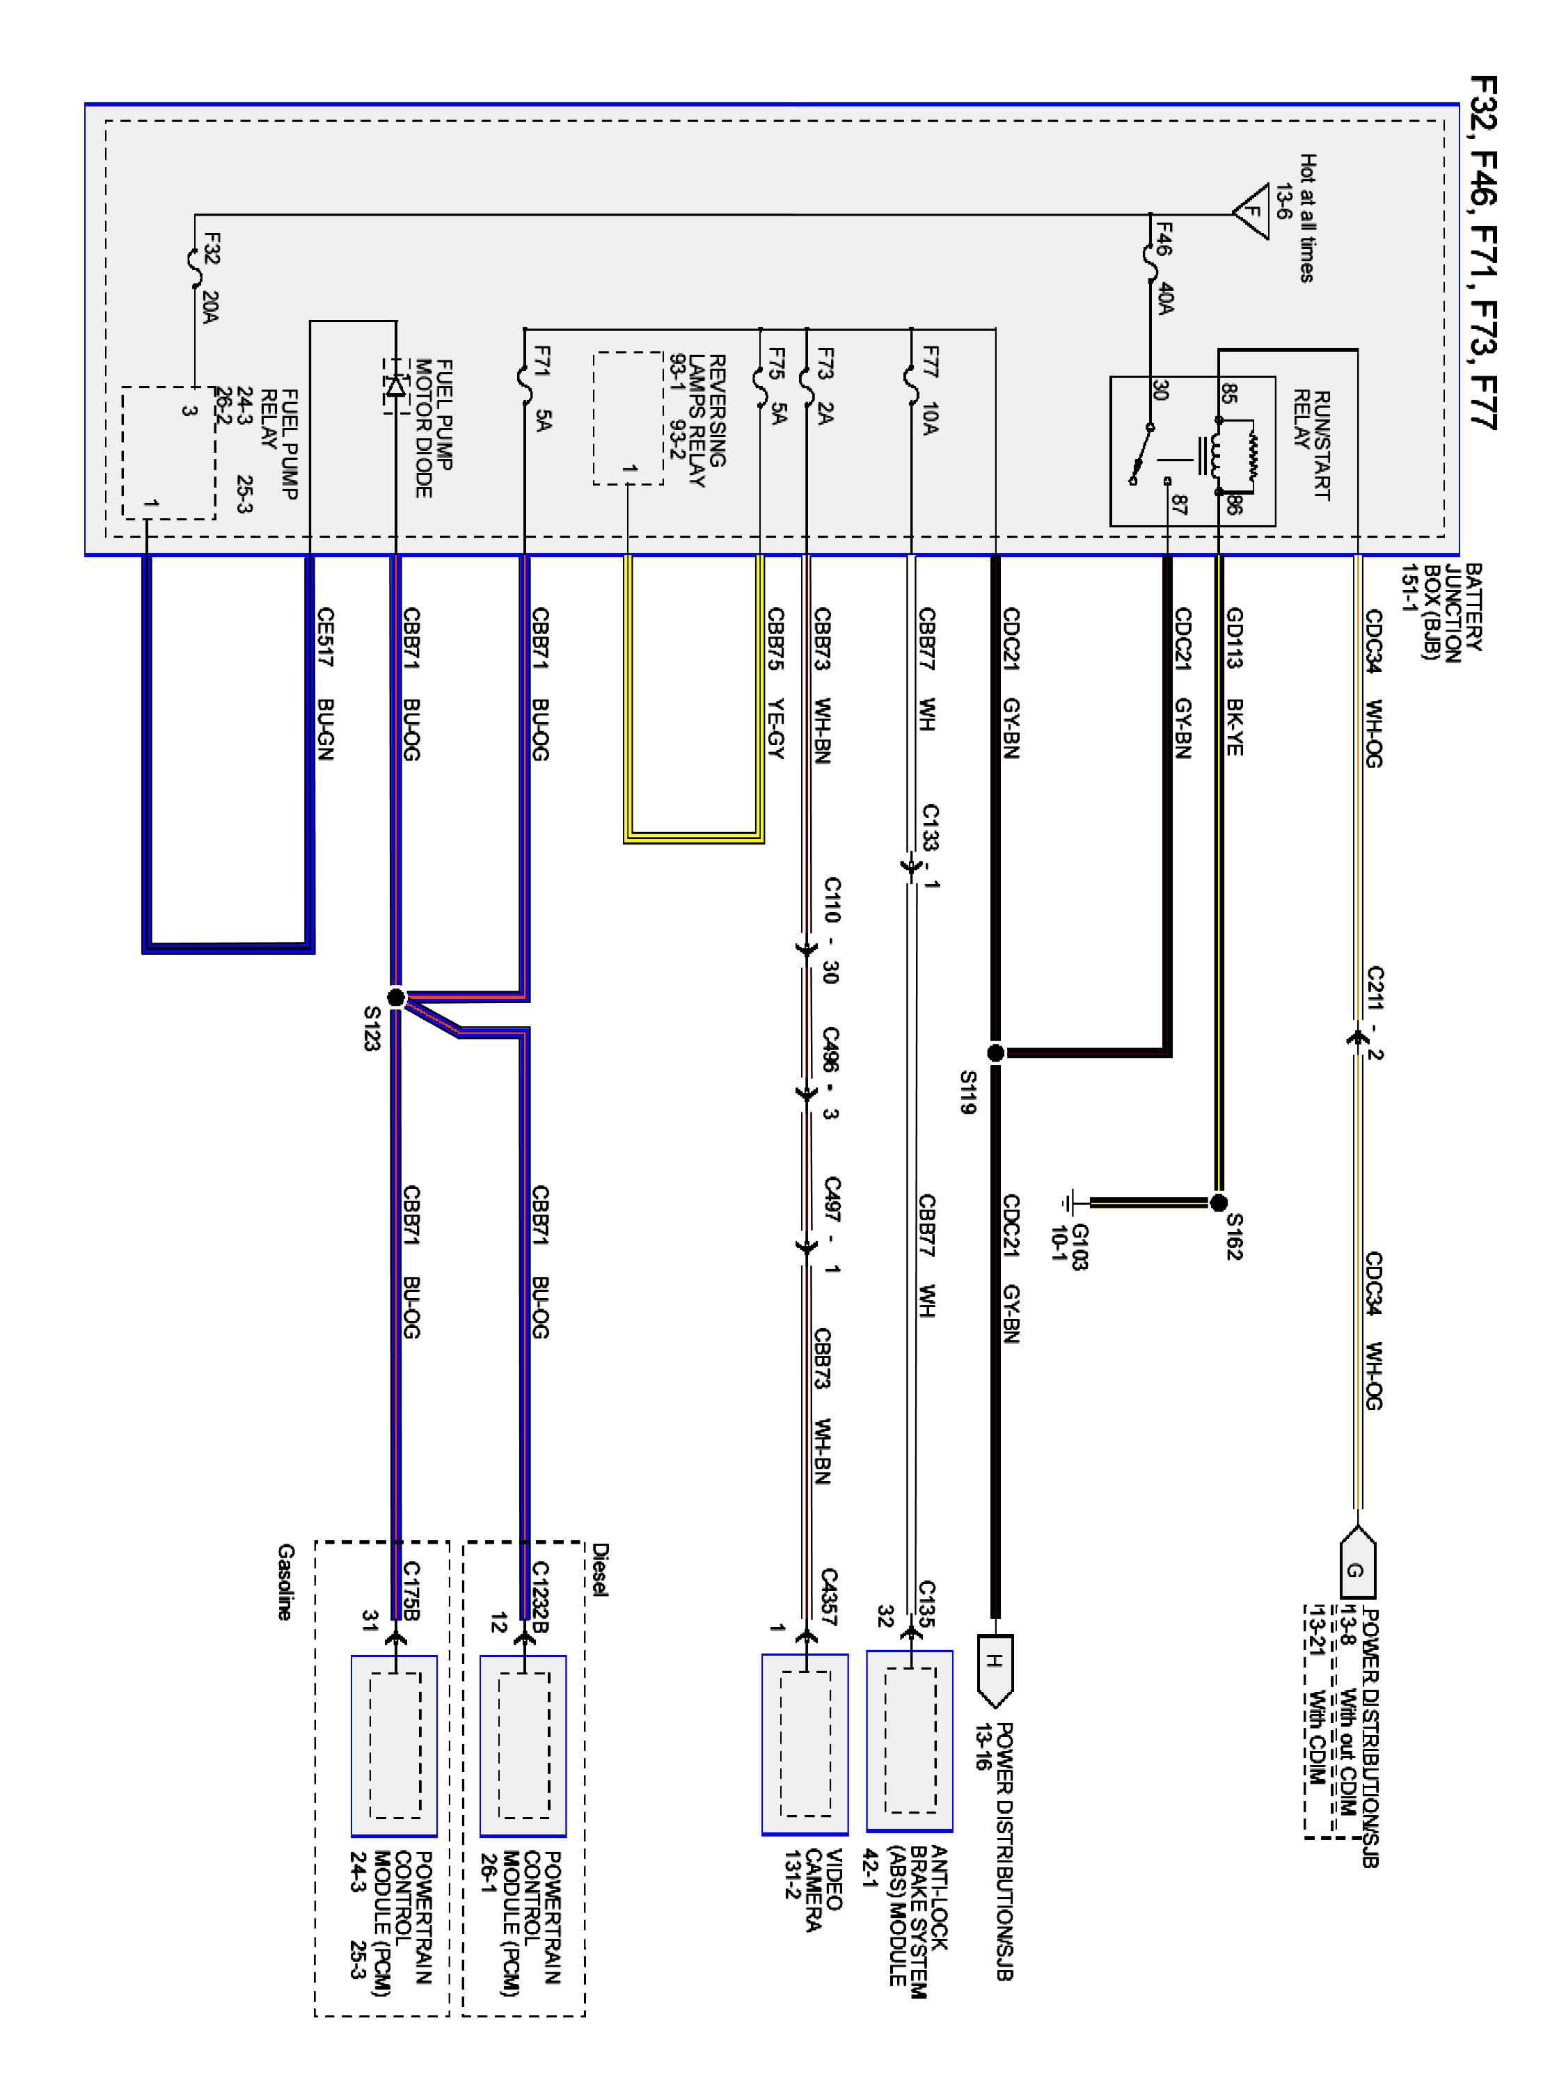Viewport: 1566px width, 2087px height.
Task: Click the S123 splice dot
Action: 395,998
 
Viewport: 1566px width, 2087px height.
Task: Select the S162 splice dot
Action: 1218,1203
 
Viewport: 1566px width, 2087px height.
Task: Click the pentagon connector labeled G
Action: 1357,1571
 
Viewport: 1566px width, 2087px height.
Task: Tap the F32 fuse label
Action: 212,249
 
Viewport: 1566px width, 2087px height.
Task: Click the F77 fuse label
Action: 930,361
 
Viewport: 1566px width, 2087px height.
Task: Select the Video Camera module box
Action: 805,1745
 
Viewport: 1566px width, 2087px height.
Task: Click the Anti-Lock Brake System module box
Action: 910,1741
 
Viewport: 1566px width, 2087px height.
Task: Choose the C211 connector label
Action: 1375,991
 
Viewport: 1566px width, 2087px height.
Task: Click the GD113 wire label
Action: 1235,638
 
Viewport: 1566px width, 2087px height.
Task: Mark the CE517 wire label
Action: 325,638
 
